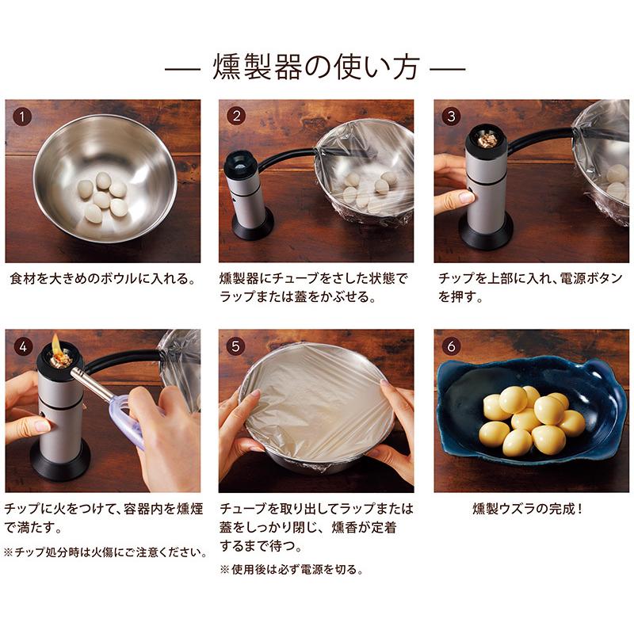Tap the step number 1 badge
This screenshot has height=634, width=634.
coord(22,116)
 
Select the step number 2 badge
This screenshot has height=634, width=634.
coord(236,116)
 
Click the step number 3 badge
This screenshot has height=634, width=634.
coord(451,116)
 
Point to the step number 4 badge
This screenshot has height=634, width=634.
coord(22,346)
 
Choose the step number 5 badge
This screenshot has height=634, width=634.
coord(236,346)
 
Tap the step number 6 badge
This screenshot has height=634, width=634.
coord(451,346)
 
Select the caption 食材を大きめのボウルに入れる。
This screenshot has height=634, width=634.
coord(102,279)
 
